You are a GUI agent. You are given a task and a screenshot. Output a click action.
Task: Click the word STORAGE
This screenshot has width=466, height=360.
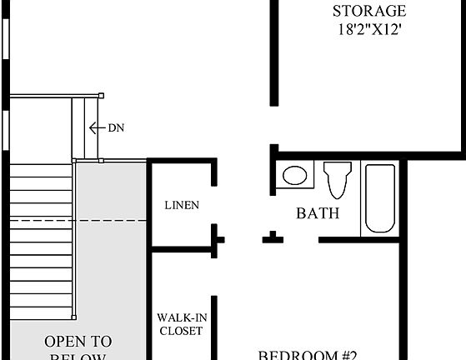pos(369,12)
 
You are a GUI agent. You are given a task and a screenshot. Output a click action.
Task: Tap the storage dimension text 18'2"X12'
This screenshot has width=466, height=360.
pos(369,31)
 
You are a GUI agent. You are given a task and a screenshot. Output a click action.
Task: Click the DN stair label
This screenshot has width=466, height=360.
pos(117,127)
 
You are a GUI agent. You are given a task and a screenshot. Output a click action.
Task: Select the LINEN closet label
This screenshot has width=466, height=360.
pos(181,205)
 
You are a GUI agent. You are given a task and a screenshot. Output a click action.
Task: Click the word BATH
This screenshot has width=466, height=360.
pos(318,213)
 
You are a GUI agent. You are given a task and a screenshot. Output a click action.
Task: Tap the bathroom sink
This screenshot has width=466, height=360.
pos(293,176)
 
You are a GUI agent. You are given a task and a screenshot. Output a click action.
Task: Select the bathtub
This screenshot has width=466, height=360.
pos(379,199)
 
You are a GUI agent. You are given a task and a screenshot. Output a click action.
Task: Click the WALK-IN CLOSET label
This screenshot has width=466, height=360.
pos(180,324)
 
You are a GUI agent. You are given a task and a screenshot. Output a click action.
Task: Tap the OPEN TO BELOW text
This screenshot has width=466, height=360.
pos(78,348)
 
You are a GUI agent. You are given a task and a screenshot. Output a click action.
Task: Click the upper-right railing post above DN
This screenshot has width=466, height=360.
pos(101,95)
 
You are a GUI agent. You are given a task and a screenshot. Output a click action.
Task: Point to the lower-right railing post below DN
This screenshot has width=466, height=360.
pos(100,160)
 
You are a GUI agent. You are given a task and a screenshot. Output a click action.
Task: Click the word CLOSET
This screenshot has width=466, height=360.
pos(180,331)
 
